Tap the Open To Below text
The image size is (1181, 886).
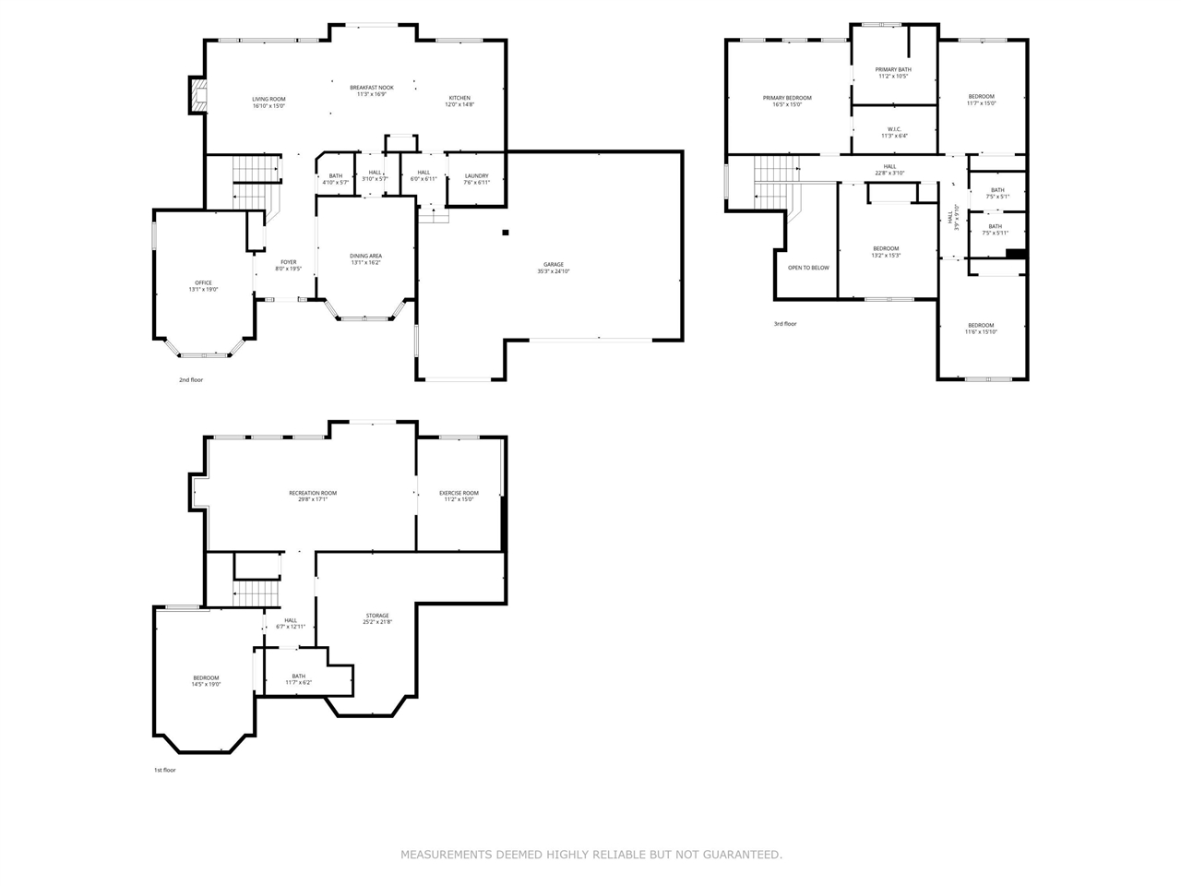click(x=808, y=268)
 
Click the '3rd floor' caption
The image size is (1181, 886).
click(x=785, y=324)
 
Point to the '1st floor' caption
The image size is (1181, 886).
click(x=164, y=770)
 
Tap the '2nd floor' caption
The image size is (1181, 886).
click(x=191, y=379)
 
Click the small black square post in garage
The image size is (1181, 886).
click(x=506, y=233)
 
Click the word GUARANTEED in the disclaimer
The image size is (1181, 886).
click(x=742, y=855)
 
